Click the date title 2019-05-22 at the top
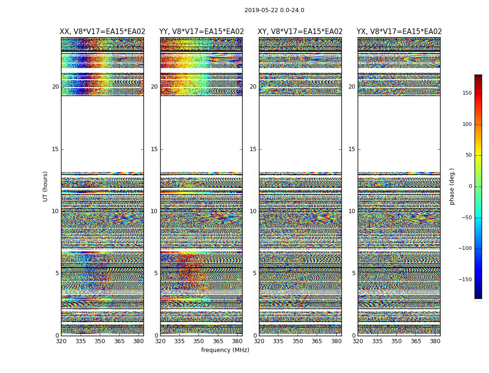274,10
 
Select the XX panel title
102,32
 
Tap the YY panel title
201,32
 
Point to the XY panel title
300,32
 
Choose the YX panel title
399,32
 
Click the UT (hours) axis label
46,186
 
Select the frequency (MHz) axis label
225,350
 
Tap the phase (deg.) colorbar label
452,186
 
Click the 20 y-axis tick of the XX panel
55,87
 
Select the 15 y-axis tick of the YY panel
154,149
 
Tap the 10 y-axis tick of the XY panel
253,211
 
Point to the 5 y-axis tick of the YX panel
353,273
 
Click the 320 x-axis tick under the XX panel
61,341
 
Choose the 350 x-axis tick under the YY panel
199,341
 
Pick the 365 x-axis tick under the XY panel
317,341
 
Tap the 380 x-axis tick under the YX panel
435,341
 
